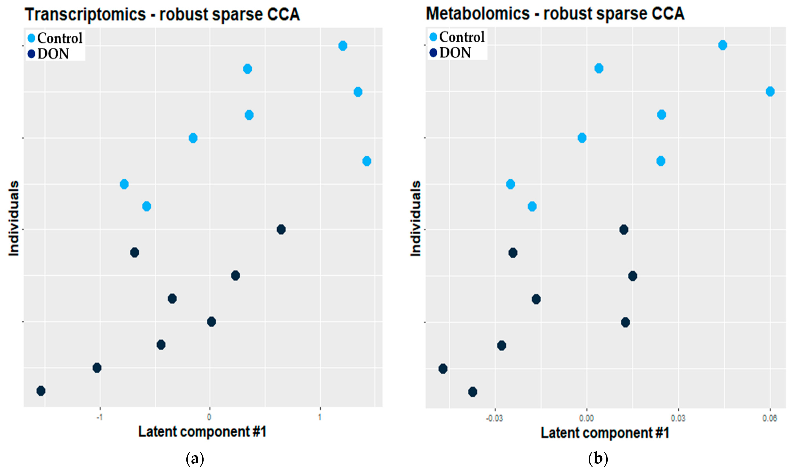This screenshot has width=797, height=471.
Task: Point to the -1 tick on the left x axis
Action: tap(100, 417)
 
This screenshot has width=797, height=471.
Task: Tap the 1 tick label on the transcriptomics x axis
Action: tap(320, 417)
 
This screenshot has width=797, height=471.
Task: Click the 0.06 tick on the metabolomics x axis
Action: tap(770, 418)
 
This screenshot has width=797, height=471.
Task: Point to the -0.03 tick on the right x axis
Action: tap(494, 418)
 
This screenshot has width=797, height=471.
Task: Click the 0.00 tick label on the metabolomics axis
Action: tap(586, 418)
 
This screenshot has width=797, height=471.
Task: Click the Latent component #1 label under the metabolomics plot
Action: tap(605, 433)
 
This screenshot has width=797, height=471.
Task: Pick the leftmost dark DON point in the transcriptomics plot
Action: tap(41, 391)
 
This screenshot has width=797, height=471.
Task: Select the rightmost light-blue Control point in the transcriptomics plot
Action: tap(367, 161)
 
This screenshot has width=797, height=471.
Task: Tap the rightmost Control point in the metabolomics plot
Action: tap(770, 91)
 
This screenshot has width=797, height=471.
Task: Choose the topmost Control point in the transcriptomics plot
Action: tap(342, 46)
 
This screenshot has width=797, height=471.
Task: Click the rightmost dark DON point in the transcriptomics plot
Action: tap(281, 229)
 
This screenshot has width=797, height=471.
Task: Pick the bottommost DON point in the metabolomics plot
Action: tap(473, 392)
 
